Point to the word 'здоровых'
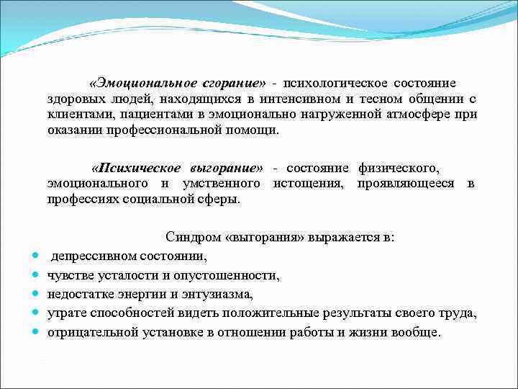point(71,101)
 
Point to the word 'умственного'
point(226,184)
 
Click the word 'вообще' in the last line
point(420,332)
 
